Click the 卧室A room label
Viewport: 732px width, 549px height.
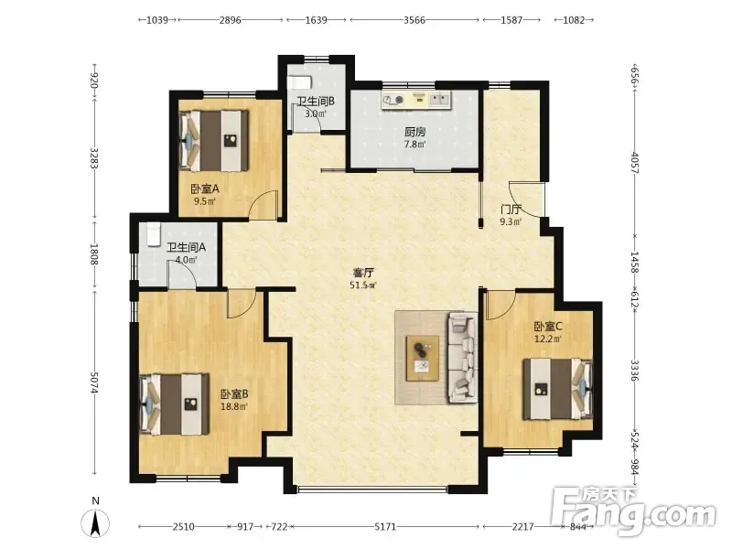tap(204, 189)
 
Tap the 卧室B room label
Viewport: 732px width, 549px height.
tap(234, 394)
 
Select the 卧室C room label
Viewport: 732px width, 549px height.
tap(548, 326)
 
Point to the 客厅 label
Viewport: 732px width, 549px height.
tap(362, 272)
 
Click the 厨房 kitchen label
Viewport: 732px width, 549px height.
tap(414, 132)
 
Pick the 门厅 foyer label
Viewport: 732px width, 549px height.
tap(511, 210)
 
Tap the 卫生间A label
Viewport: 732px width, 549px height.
tap(187, 247)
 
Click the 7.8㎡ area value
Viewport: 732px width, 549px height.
tap(414, 145)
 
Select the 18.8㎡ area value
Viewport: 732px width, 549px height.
tap(234, 406)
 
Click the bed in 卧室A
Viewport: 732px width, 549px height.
tap(214, 141)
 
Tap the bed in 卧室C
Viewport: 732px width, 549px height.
tap(557, 389)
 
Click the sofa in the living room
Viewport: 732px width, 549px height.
tap(462, 358)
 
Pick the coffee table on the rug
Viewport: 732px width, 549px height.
tap(422, 358)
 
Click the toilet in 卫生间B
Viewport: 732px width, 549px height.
tap(299, 82)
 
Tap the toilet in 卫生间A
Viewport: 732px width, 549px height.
tap(153, 234)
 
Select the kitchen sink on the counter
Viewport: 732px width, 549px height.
tap(440, 99)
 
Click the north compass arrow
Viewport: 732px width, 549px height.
tap(96, 523)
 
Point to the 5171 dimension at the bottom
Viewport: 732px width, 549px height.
tap(385, 527)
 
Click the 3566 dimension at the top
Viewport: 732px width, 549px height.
tap(414, 20)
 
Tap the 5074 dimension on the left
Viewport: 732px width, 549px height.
tap(95, 382)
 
